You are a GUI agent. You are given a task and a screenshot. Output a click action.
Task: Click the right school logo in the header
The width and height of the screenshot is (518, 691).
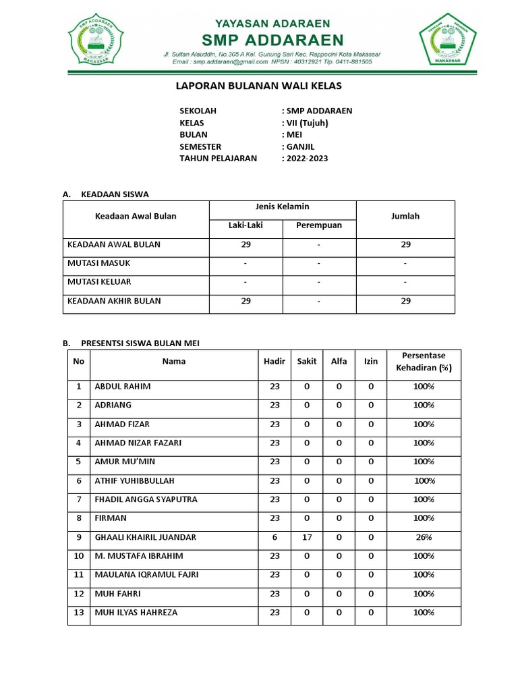(x=446, y=40)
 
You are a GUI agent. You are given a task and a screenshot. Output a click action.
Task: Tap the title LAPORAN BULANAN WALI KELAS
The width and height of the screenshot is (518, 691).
(x=258, y=86)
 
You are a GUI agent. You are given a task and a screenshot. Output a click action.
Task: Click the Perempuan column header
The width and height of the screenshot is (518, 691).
(x=319, y=225)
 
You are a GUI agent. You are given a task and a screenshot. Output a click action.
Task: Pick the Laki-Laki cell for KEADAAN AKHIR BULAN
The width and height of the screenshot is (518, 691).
(x=246, y=301)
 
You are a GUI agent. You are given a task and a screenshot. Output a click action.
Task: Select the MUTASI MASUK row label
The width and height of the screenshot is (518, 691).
(x=98, y=263)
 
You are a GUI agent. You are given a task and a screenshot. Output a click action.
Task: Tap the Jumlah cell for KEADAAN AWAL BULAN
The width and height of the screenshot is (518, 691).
(x=405, y=244)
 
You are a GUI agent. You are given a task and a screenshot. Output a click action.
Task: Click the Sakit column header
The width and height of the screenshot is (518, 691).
(x=307, y=362)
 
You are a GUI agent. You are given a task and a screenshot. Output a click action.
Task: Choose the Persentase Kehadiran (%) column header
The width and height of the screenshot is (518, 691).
(x=424, y=362)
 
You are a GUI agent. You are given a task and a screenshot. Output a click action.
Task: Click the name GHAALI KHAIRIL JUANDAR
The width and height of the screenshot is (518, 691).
(x=146, y=537)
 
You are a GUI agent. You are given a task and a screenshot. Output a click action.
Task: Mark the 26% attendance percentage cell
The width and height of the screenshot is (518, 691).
(x=424, y=537)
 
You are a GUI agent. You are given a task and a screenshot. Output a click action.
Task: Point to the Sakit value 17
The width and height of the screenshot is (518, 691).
(x=307, y=537)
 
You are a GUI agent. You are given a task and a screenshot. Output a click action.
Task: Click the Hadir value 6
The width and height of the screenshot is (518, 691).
(x=275, y=537)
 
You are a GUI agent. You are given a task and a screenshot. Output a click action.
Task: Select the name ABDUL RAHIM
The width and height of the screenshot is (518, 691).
(x=123, y=387)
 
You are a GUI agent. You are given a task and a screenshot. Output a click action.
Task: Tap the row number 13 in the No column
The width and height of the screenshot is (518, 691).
(x=79, y=613)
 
